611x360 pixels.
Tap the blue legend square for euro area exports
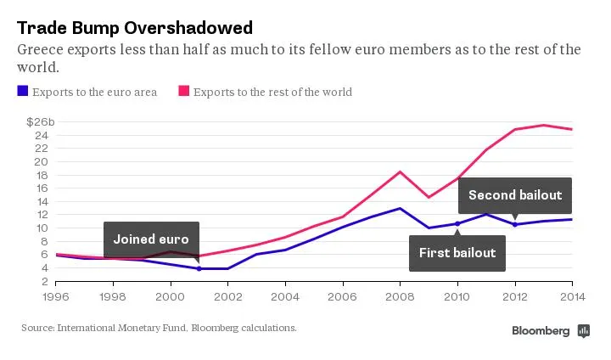click(22, 92)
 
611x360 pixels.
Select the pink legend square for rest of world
click(182, 92)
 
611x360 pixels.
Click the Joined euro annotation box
click(151, 239)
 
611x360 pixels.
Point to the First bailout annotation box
click(457, 252)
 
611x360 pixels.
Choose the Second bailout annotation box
click(515, 195)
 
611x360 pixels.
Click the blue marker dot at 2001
click(199, 268)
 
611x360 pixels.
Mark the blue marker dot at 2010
click(457, 224)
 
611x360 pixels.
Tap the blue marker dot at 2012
click(515, 224)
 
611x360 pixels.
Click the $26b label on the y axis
click(40, 122)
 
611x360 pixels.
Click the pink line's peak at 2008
click(400, 172)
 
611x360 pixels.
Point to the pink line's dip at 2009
click(429, 197)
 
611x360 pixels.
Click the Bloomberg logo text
click(540, 331)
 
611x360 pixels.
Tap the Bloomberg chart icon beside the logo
click(583, 331)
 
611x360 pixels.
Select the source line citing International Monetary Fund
click(159, 328)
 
